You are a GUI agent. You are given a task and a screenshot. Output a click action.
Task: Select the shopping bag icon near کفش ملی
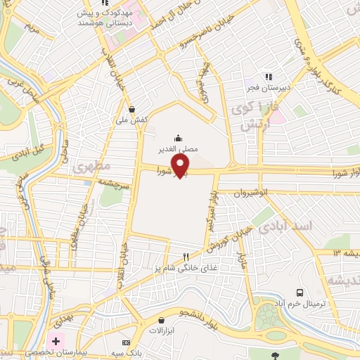[132, 109]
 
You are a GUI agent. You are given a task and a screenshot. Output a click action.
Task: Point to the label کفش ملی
[132, 120]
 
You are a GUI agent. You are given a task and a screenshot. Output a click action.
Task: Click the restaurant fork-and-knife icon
[186, 257]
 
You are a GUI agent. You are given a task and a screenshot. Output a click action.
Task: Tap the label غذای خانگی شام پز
[186, 268]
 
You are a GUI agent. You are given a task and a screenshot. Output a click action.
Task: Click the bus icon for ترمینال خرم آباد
[300, 292]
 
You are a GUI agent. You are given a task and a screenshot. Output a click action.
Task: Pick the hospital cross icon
[56, 340]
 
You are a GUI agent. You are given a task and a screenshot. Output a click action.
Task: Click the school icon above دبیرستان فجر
[267, 76]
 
